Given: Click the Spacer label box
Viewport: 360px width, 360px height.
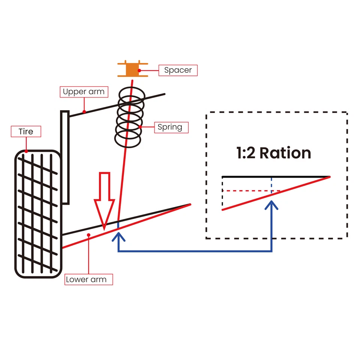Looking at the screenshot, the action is (x=178, y=70).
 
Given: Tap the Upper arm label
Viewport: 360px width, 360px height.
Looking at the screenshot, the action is (x=84, y=92).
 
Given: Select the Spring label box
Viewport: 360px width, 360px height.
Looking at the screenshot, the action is (x=171, y=127).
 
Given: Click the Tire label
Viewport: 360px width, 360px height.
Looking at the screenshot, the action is (x=26, y=132).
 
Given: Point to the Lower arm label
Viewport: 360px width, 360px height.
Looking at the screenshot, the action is (x=88, y=279).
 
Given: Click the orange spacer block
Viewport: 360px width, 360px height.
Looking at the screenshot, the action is (x=132, y=69).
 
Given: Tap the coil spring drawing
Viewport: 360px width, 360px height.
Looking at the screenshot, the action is (x=130, y=117).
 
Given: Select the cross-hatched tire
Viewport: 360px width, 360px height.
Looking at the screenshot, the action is (x=38, y=214).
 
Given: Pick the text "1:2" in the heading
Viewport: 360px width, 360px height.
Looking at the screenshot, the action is (x=246, y=153).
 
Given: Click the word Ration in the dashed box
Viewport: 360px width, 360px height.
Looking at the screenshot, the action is (x=285, y=153).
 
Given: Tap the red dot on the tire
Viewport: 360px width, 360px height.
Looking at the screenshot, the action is (x=26, y=151).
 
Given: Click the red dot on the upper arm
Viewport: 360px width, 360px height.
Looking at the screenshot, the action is (x=84, y=112).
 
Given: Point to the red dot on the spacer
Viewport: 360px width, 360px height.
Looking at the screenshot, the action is (x=139, y=70).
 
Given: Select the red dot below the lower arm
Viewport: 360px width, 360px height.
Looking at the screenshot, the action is (x=88, y=235).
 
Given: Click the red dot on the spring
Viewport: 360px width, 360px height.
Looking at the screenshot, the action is (x=140, y=127).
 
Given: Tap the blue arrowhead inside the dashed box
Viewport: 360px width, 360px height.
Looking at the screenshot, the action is (x=271, y=204).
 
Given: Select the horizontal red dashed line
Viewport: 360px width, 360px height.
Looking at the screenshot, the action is (x=251, y=191).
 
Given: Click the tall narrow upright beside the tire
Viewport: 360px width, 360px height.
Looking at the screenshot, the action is (x=65, y=157).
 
